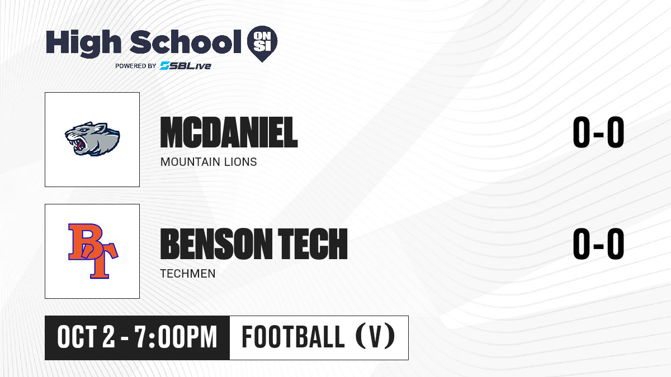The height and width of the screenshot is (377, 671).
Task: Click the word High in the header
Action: point(83,43)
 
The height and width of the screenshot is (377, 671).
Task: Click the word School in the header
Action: point(186,41)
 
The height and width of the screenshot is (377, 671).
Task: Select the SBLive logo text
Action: point(186,65)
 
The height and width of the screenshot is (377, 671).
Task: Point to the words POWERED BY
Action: point(136,66)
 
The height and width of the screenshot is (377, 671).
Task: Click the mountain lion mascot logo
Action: point(92,139)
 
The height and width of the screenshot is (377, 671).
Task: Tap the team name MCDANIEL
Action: point(229,132)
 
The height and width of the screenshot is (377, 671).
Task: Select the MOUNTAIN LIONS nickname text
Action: point(209,162)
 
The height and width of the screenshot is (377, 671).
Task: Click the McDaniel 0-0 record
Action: point(598,132)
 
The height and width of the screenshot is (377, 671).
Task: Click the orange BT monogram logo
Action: point(93,251)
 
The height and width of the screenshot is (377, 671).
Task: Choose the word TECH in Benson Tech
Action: point(313,244)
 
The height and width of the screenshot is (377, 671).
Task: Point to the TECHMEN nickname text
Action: point(188,274)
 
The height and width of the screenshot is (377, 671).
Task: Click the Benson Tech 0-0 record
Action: point(598,244)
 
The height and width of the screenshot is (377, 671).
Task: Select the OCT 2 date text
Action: point(86,337)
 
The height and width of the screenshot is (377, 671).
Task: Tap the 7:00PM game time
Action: point(176,337)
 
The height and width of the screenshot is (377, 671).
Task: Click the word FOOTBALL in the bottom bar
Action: point(293,337)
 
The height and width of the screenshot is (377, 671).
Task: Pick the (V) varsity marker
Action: point(375,337)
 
